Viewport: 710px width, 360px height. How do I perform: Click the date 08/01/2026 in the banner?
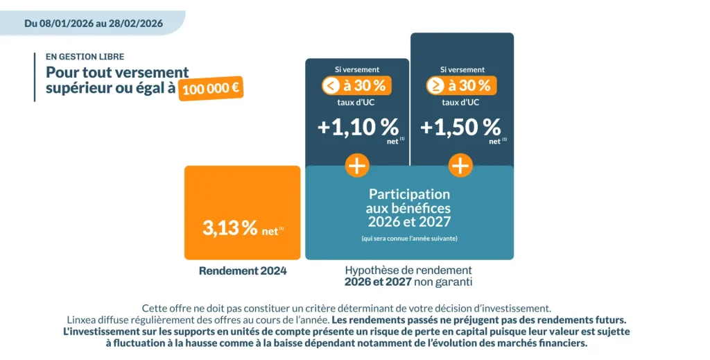click(68, 23)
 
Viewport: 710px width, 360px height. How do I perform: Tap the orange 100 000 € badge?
click(211, 89)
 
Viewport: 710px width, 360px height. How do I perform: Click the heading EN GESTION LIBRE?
click(85, 57)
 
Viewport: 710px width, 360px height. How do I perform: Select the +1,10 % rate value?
click(358, 128)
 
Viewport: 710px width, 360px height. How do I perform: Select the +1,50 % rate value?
click(460, 128)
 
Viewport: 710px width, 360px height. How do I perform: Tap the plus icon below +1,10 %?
click(357, 166)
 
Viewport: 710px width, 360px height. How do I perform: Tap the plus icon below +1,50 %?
click(460, 166)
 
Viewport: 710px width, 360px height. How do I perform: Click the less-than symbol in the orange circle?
click(330, 86)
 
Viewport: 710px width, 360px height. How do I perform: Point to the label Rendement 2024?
click(243, 271)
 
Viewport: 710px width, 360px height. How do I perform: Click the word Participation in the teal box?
click(409, 194)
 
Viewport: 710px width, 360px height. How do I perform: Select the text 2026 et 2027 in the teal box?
click(409, 222)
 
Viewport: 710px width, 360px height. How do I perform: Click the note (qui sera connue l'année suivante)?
click(409, 239)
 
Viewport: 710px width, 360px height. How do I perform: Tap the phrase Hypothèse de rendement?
click(408, 271)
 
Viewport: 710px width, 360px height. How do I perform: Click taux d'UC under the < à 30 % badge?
click(357, 103)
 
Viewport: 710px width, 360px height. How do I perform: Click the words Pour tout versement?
click(117, 72)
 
